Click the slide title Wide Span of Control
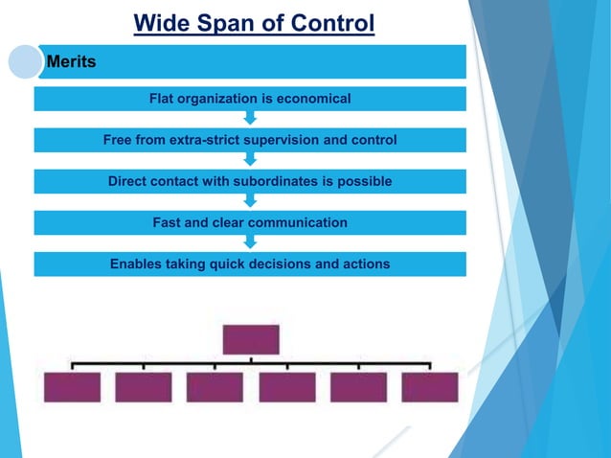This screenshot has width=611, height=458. pyautogui.click(x=254, y=22)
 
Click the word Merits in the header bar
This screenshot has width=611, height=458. pyautogui.click(x=71, y=62)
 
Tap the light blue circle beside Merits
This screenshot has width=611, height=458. pyautogui.click(x=26, y=62)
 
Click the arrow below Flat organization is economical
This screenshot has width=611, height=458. pyautogui.click(x=250, y=119)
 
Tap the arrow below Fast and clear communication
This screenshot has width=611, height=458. pyautogui.click(x=250, y=242)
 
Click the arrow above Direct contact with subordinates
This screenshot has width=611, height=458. pyautogui.click(x=250, y=160)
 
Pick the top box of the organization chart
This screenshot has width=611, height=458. pyautogui.click(x=251, y=339)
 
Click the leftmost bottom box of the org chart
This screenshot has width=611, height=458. pyautogui.click(x=72, y=387)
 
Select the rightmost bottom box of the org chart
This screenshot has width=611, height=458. pyautogui.click(x=430, y=387)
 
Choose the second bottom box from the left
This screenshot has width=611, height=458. pyautogui.click(x=144, y=387)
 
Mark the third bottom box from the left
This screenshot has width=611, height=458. pyautogui.click(x=215, y=387)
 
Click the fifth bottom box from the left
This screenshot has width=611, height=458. pyautogui.click(x=358, y=387)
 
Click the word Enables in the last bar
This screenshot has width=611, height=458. pyautogui.click(x=136, y=263)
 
